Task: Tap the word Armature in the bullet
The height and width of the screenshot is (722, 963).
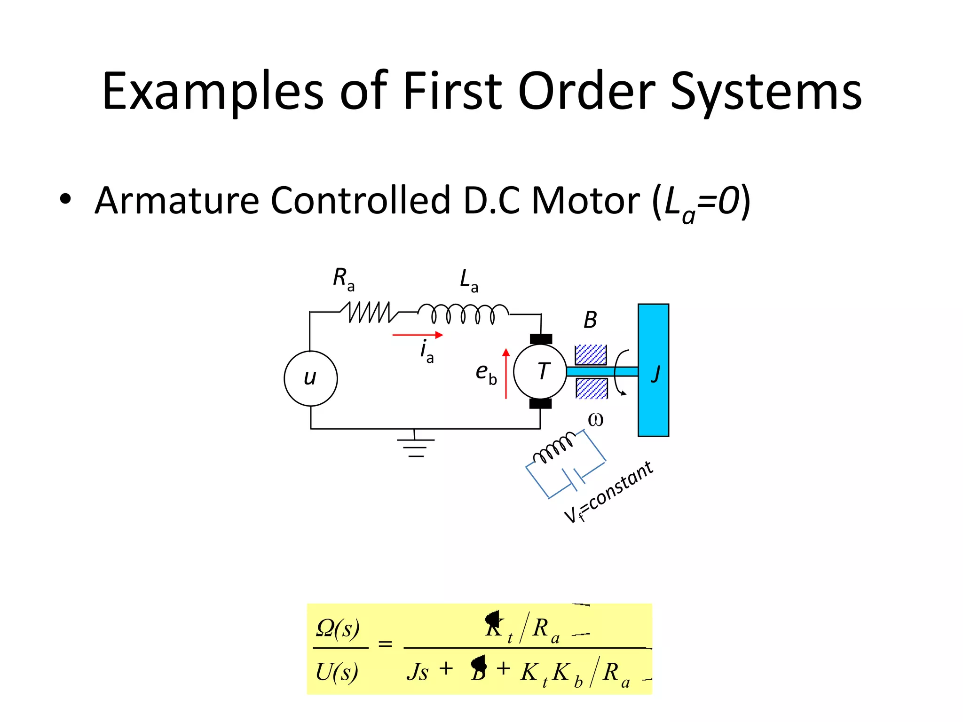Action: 177,201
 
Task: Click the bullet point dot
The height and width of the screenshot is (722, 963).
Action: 65,199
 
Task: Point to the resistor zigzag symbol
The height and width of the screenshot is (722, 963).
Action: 370,312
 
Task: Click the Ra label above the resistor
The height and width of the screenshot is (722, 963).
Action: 343,278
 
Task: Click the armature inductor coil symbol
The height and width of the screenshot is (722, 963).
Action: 463,314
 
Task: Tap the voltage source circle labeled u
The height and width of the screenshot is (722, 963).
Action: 310,378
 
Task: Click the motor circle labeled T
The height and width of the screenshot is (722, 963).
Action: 540,371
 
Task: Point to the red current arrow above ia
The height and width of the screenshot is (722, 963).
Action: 418,335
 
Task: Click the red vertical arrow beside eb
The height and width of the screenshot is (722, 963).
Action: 506,374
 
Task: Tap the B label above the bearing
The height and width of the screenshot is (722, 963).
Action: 590,321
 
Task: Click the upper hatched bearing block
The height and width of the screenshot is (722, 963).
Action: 591,354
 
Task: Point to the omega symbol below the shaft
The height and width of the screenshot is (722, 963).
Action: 595,420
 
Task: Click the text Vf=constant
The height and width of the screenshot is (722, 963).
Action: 609,492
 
